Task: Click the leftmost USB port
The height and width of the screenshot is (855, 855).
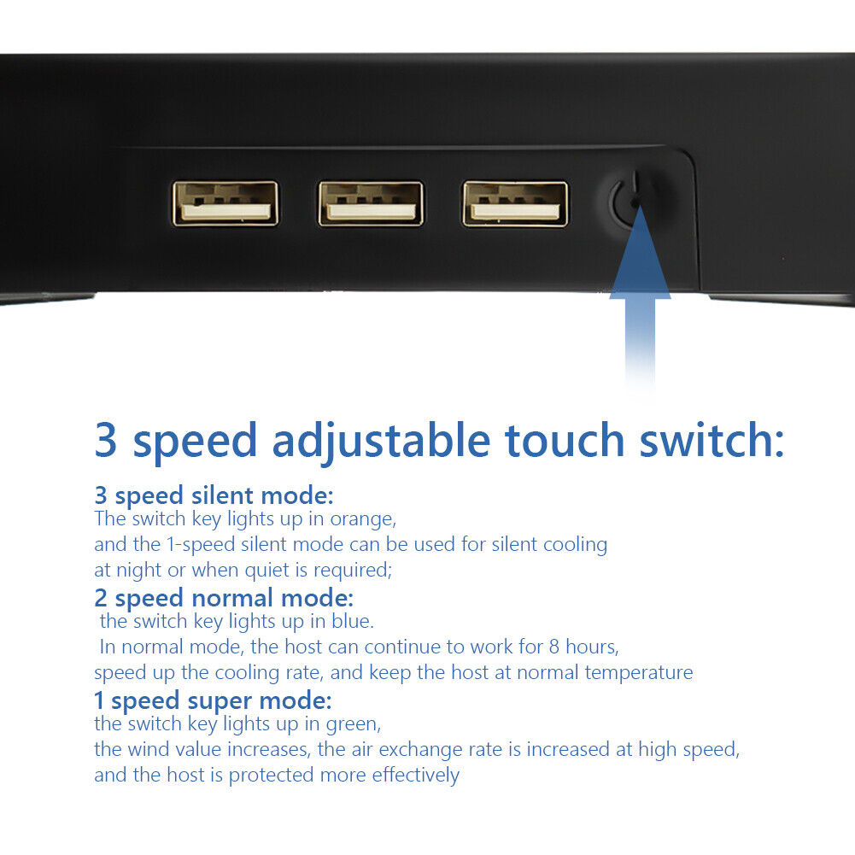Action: (225, 203)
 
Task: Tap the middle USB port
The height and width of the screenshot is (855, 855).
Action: (371, 203)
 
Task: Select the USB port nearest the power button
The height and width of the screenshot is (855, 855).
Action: (515, 203)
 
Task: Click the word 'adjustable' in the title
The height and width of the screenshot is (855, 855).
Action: (381, 441)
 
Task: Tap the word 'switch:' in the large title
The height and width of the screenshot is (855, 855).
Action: (712, 440)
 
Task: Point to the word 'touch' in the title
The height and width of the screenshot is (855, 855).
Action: (565, 441)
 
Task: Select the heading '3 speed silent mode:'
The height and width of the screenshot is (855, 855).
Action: (214, 495)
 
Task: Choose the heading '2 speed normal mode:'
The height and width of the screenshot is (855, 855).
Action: (224, 598)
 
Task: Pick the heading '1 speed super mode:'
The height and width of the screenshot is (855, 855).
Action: (213, 700)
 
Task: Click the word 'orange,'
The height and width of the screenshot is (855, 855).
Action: (363, 519)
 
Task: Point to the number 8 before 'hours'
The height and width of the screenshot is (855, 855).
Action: (554, 647)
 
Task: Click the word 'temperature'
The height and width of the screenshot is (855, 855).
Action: (639, 673)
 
